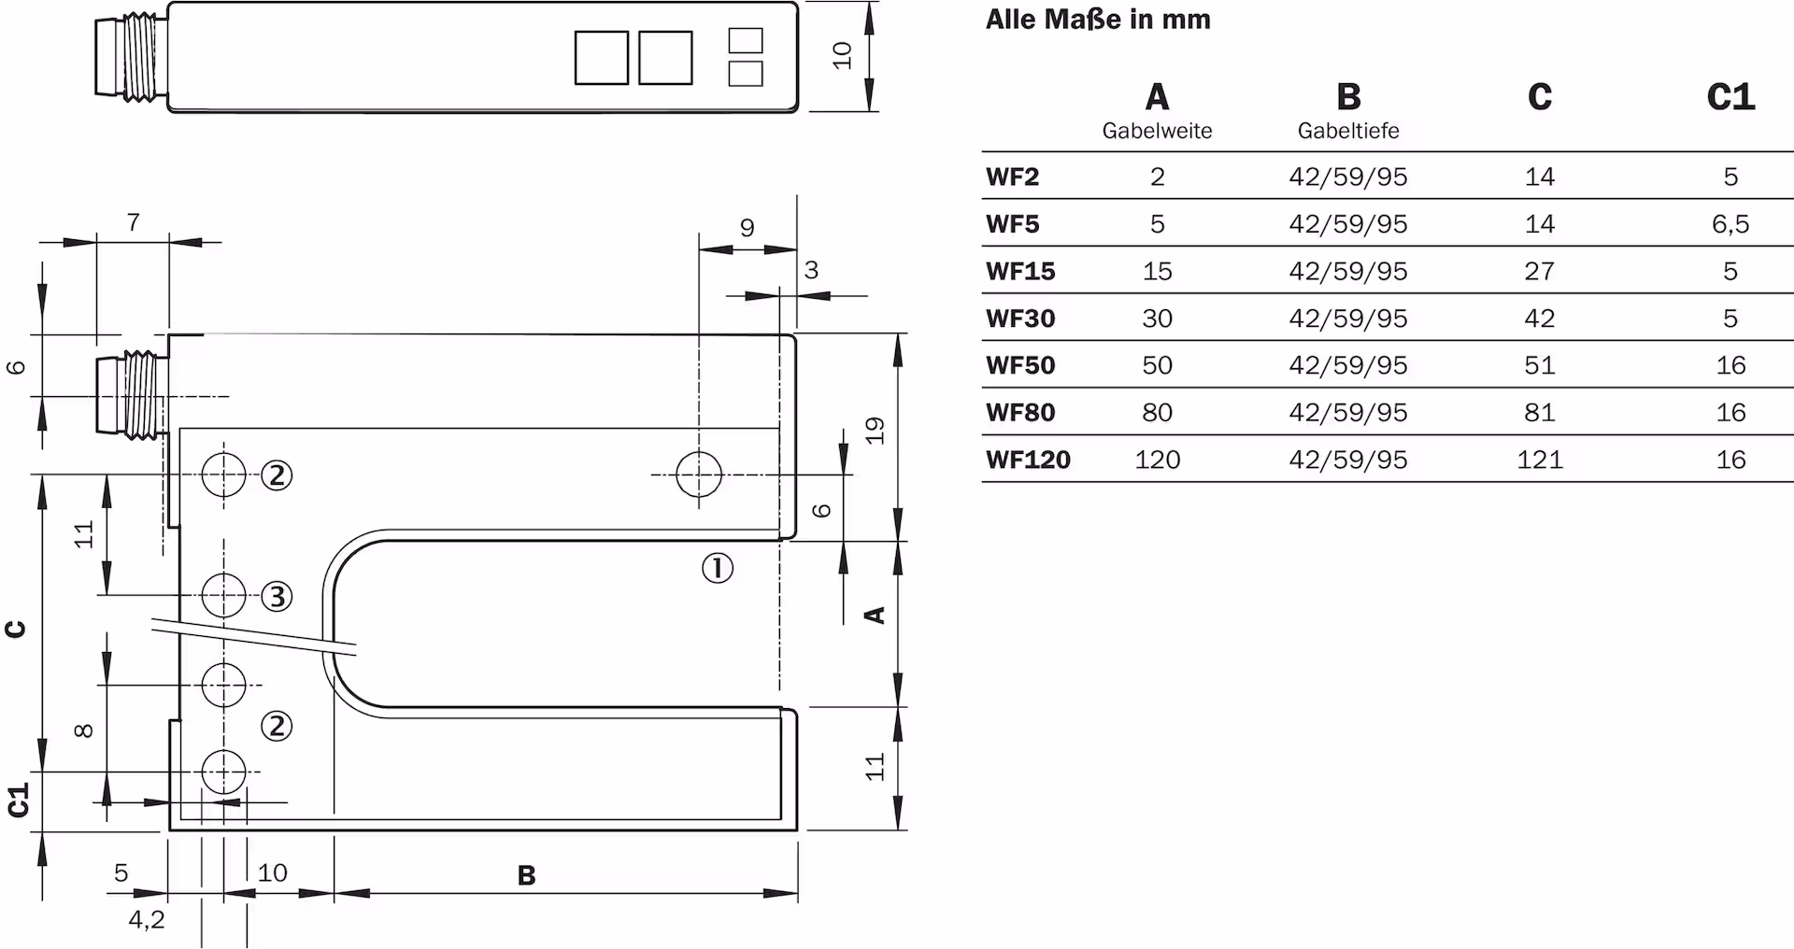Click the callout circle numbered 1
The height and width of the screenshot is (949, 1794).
tap(718, 568)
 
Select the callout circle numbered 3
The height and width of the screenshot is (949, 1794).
tap(277, 596)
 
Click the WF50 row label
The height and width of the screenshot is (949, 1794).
tap(1020, 365)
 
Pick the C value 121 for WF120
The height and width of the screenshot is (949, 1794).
tap(1539, 460)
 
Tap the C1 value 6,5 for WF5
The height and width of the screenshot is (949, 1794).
tap(1730, 224)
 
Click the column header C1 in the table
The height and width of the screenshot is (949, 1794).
tap(1730, 97)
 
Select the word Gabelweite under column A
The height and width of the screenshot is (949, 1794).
tap(1157, 132)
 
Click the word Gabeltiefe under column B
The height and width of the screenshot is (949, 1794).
tap(1347, 132)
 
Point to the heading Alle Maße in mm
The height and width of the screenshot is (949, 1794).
tap(1098, 20)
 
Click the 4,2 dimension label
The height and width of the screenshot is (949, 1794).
tap(147, 920)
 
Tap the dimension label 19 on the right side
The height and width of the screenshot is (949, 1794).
tap(875, 431)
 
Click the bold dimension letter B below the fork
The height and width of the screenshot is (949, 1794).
tap(527, 876)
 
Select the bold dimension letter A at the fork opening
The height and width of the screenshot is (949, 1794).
tap(875, 615)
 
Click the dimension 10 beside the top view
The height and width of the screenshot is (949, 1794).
tap(843, 55)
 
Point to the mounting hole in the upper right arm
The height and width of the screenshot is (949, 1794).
tap(699, 474)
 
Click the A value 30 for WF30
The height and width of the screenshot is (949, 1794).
tap(1157, 319)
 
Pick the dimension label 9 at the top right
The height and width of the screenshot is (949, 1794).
tap(747, 228)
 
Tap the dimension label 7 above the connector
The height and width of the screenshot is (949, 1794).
tap(134, 222)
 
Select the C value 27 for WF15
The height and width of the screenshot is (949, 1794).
tap(1539, 272)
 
